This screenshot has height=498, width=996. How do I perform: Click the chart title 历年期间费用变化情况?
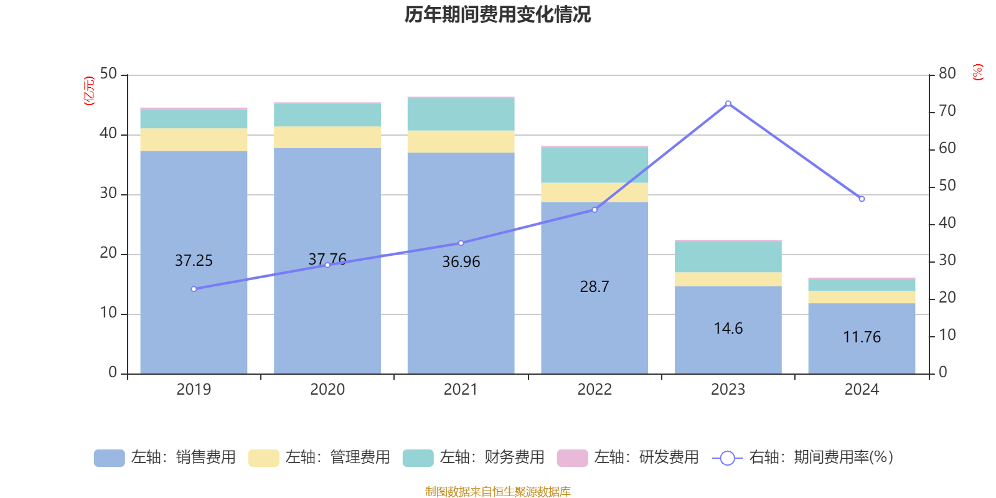pyautogui.click(x=497, y=14)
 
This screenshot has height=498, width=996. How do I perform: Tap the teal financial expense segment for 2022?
pyautogui.click(x=594, y=165)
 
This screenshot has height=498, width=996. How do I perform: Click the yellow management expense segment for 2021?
pyautogui.click(x=461, y=141)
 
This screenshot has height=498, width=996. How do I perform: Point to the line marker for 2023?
pyautogui.click(x=728, y=103)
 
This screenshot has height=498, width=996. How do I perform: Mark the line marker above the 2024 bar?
pyautogui.click(x=862, y=199)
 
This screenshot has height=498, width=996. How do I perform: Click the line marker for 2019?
pyautogui.click(x=194, y=289)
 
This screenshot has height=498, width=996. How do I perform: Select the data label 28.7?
pyautogui.click(x=594, y=287)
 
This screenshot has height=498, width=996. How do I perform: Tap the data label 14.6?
pyautogui.click(x=728, y=328)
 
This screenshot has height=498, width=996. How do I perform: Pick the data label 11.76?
pyautogui.click(x=862, y=337)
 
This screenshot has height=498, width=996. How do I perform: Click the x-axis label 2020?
pyautogui.click(x=327, y=390)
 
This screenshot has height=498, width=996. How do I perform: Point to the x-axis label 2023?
pyautogui.click(x=728, y=390)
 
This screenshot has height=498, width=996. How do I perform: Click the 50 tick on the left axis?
pyautogui.click(x=108, y=74)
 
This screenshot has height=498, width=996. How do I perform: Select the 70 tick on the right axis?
pyautogui.click(x=947, y=111)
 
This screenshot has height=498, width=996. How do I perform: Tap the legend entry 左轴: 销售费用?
pyautogui.click(x=166, y=458)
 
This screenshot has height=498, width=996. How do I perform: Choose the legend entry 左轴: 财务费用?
pyautogui.click(x=474, y=458)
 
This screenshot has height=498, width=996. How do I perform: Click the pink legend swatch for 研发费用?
pyautogui.click(x=572, y=458)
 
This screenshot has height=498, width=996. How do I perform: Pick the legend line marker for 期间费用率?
pyautogui.click(x=727, y=458)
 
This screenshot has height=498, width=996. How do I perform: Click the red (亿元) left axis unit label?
pyautogui.click(x=90, y=91)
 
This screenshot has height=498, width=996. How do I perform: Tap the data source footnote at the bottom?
pyautogui.click(x=497, y=492)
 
